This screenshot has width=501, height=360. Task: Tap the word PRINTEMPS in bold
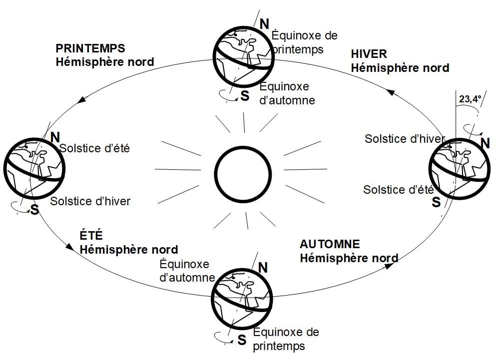[90, 48]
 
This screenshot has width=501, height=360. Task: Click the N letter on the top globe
[264, 23]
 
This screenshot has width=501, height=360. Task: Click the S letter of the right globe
[436, 202]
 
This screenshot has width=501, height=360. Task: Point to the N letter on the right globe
[485, 143]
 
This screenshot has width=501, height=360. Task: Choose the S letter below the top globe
[245, 96]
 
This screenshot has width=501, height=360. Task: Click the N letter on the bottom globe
[263, 268]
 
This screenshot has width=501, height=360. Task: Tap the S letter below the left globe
[34, 210]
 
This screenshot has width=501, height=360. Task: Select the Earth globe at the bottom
[242, 298]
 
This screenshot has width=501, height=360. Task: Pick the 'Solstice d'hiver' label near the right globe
[405, 139]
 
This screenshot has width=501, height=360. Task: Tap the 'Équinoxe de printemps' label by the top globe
[304, 42]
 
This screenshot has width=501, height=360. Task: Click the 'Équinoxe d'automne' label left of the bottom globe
[186, 271]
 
